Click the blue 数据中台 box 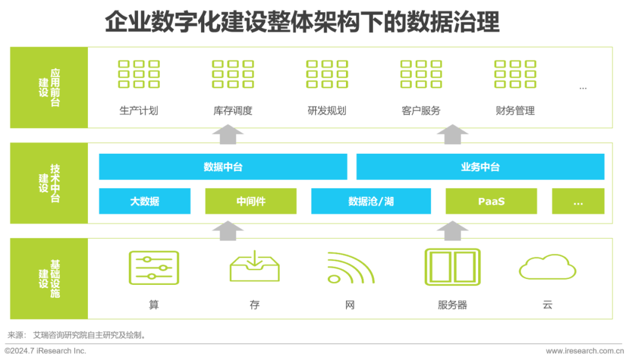[223, 167]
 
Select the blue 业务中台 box [480, 167]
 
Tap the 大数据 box [144, 202]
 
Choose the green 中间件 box [250, 202]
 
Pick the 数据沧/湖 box [371, 202]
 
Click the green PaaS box [491, 202]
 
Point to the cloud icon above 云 [547, 268]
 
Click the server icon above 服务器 [453, 267]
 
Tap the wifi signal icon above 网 [349, 267]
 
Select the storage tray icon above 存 [254, 267]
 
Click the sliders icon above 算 [154, 267]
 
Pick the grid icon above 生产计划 [139, 74]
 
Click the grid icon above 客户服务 [421, 74]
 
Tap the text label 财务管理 [515, 111]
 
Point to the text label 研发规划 [327, 111]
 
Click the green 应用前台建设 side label [49, 87]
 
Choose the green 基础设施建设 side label [49, 278]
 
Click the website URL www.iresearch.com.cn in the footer [586, 351]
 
